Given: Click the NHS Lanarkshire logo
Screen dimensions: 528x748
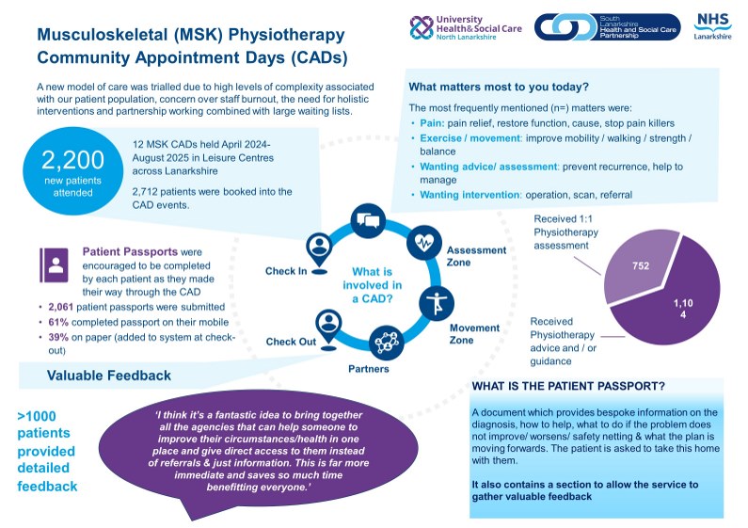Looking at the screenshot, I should coord(712,27).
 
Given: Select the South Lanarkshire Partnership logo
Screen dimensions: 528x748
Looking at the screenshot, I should coord(608,26).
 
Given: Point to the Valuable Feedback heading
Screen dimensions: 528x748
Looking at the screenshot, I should coord(109,376).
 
